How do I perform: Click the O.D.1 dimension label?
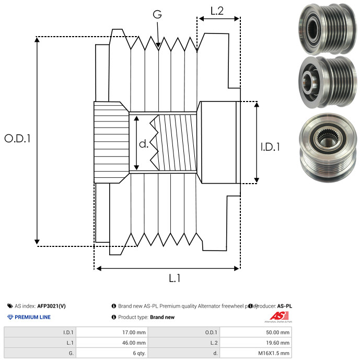pos(18,139)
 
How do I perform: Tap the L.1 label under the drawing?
pos(175,279)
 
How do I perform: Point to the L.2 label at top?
pos(217,10)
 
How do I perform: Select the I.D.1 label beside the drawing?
pos(270,148)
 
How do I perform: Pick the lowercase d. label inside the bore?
pos(144,143)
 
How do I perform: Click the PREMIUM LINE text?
pos(32,317)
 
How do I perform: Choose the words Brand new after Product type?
pos(162,317)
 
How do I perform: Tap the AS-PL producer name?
pos(284,306)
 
